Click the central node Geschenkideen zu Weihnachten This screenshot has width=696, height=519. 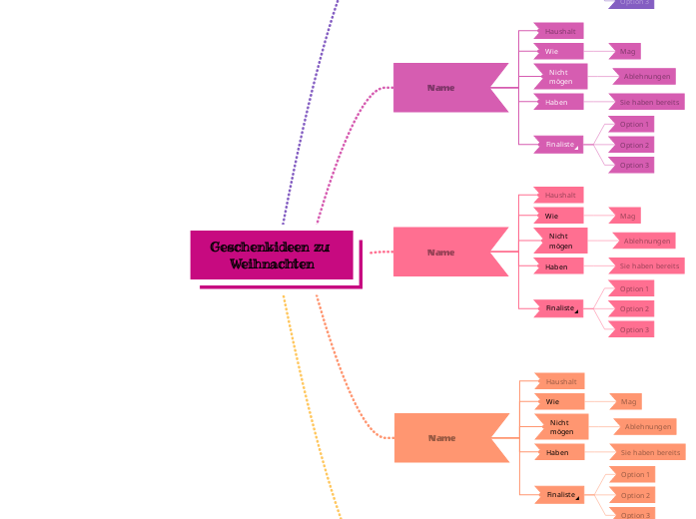(x=271, y=256)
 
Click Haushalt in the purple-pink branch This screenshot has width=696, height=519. (x=557, y=31)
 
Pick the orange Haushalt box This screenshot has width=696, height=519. (x=559, y=381)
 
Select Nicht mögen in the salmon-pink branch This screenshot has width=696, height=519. (x=560, y=241)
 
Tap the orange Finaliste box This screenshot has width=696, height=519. (x=560, y=494)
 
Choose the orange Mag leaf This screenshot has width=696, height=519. (x=628, y=401)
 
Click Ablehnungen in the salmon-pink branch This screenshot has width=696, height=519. (x=646, y=241)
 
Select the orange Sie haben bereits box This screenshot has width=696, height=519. (x=649, y=452)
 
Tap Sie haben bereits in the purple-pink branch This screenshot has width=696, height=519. (x=649, y=102)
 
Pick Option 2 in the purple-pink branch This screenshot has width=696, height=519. (x=633, y=145)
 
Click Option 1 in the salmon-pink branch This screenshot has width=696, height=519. (x=633, y=288)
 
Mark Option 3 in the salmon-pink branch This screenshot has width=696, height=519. (x=633, y=329)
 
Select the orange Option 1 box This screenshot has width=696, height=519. (x=634, y=474)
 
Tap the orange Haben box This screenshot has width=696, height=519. (x=558, y=452)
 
